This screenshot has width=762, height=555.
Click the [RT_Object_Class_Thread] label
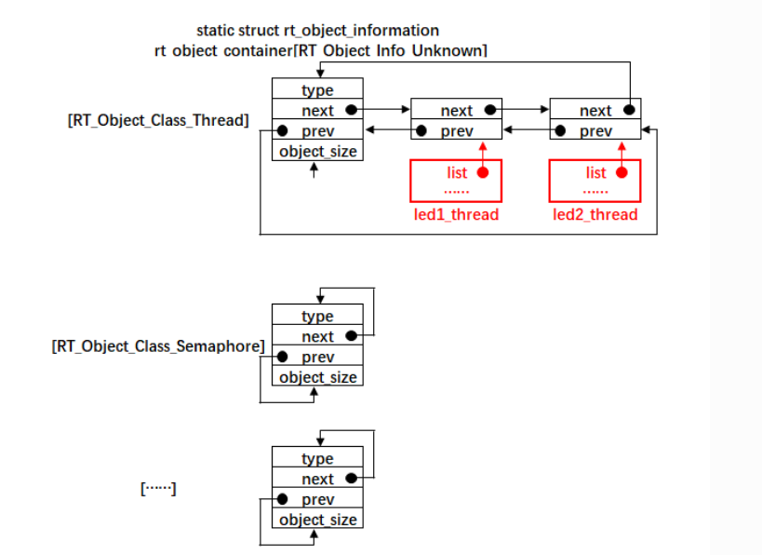[157, 120]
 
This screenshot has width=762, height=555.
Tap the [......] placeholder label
[158, 488]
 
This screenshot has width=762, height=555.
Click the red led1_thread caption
[456, 215]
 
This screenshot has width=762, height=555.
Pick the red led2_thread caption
[595, 215]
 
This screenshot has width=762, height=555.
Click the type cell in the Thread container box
[317, 90]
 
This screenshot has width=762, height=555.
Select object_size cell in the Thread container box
[317, 151]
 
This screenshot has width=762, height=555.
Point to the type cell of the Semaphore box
[317, 317]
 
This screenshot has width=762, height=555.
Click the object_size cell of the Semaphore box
[317, 377]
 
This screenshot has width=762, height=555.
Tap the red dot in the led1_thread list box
[483, 173]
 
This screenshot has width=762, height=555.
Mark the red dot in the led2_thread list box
[622, 173]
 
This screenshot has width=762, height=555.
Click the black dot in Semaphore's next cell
[350, 336]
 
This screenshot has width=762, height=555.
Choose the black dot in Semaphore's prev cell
[283, 358]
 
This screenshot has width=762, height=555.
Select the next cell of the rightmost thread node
[595, 111]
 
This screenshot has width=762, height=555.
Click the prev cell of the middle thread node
[456, 131]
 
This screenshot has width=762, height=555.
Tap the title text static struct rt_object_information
[317, 31]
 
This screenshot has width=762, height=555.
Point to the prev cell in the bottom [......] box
[317, 500]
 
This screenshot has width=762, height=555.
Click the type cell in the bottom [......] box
[317, 459]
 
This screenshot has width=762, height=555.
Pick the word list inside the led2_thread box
[595, 173]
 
